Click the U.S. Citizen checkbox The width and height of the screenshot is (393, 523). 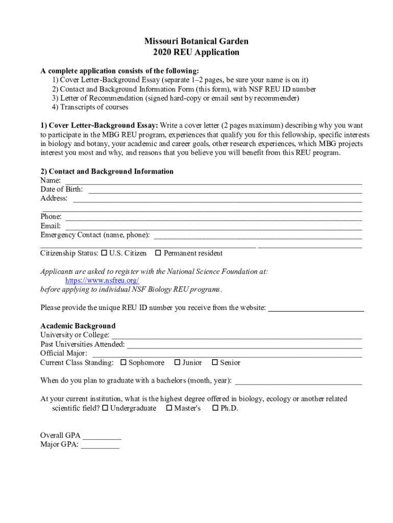click(105, 253)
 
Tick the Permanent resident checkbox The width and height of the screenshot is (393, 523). click(158, 253)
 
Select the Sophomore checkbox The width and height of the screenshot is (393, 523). click(123, 363)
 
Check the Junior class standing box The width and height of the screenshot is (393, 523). click(177, 363)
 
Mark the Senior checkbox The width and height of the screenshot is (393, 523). click(215, 363)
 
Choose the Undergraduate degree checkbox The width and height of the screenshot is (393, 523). click(105, 408)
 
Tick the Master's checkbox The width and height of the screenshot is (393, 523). click(169, 408)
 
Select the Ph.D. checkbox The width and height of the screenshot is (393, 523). click(215, 408)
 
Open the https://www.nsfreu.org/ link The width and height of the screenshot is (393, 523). click(102, 280)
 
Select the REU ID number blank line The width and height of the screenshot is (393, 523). click(316, 308)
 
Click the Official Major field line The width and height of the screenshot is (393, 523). click(227, 354)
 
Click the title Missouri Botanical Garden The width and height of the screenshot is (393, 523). click(196, 41)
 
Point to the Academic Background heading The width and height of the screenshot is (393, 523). click(78, 326)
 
